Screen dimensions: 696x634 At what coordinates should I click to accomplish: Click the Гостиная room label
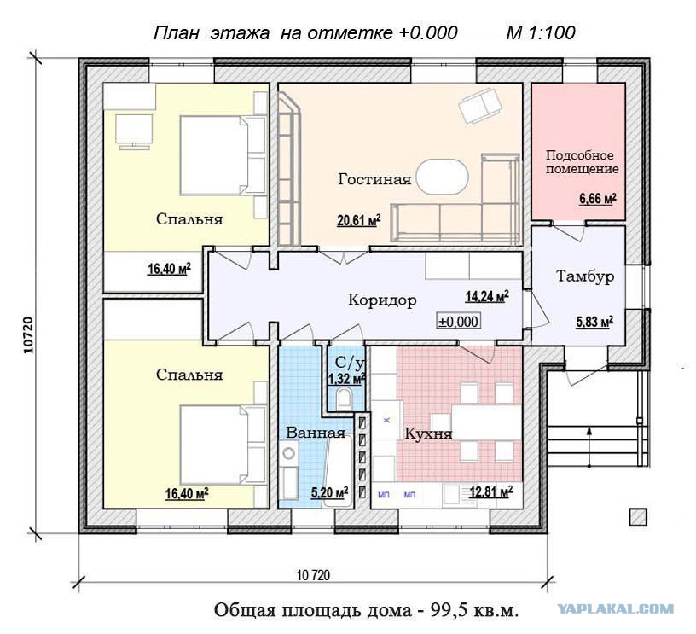(374, 179)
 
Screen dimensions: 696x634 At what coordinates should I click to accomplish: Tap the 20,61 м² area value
(359, 221)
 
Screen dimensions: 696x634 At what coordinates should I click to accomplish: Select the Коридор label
(382, 300)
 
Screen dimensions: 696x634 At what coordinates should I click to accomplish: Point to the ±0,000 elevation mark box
(459, 322)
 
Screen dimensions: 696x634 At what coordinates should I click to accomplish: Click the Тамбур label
(585, 276)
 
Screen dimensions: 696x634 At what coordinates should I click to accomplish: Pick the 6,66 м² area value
(597, 199)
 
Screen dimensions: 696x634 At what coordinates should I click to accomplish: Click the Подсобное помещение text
(582, 162)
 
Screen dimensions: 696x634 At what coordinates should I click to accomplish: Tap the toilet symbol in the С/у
(344, 398)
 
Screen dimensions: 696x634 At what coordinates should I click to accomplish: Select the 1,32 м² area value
(346, 379)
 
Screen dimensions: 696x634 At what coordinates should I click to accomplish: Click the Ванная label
(316, 433)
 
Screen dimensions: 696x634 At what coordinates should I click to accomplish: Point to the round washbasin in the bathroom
(289, 454)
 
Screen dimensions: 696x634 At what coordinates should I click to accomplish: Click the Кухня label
(428, 433)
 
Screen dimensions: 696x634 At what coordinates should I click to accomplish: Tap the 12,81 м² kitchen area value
(491, 492)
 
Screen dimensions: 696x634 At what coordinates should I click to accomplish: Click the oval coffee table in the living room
(443, 177)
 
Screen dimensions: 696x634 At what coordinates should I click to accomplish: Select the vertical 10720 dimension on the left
(28, 335)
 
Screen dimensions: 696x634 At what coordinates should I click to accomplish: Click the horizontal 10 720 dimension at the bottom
(313, 575)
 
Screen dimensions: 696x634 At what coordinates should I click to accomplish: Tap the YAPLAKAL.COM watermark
(616, 608)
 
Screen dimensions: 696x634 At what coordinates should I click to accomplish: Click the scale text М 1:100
(541, 33)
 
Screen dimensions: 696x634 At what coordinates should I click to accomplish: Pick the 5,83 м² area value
(594, 322)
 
